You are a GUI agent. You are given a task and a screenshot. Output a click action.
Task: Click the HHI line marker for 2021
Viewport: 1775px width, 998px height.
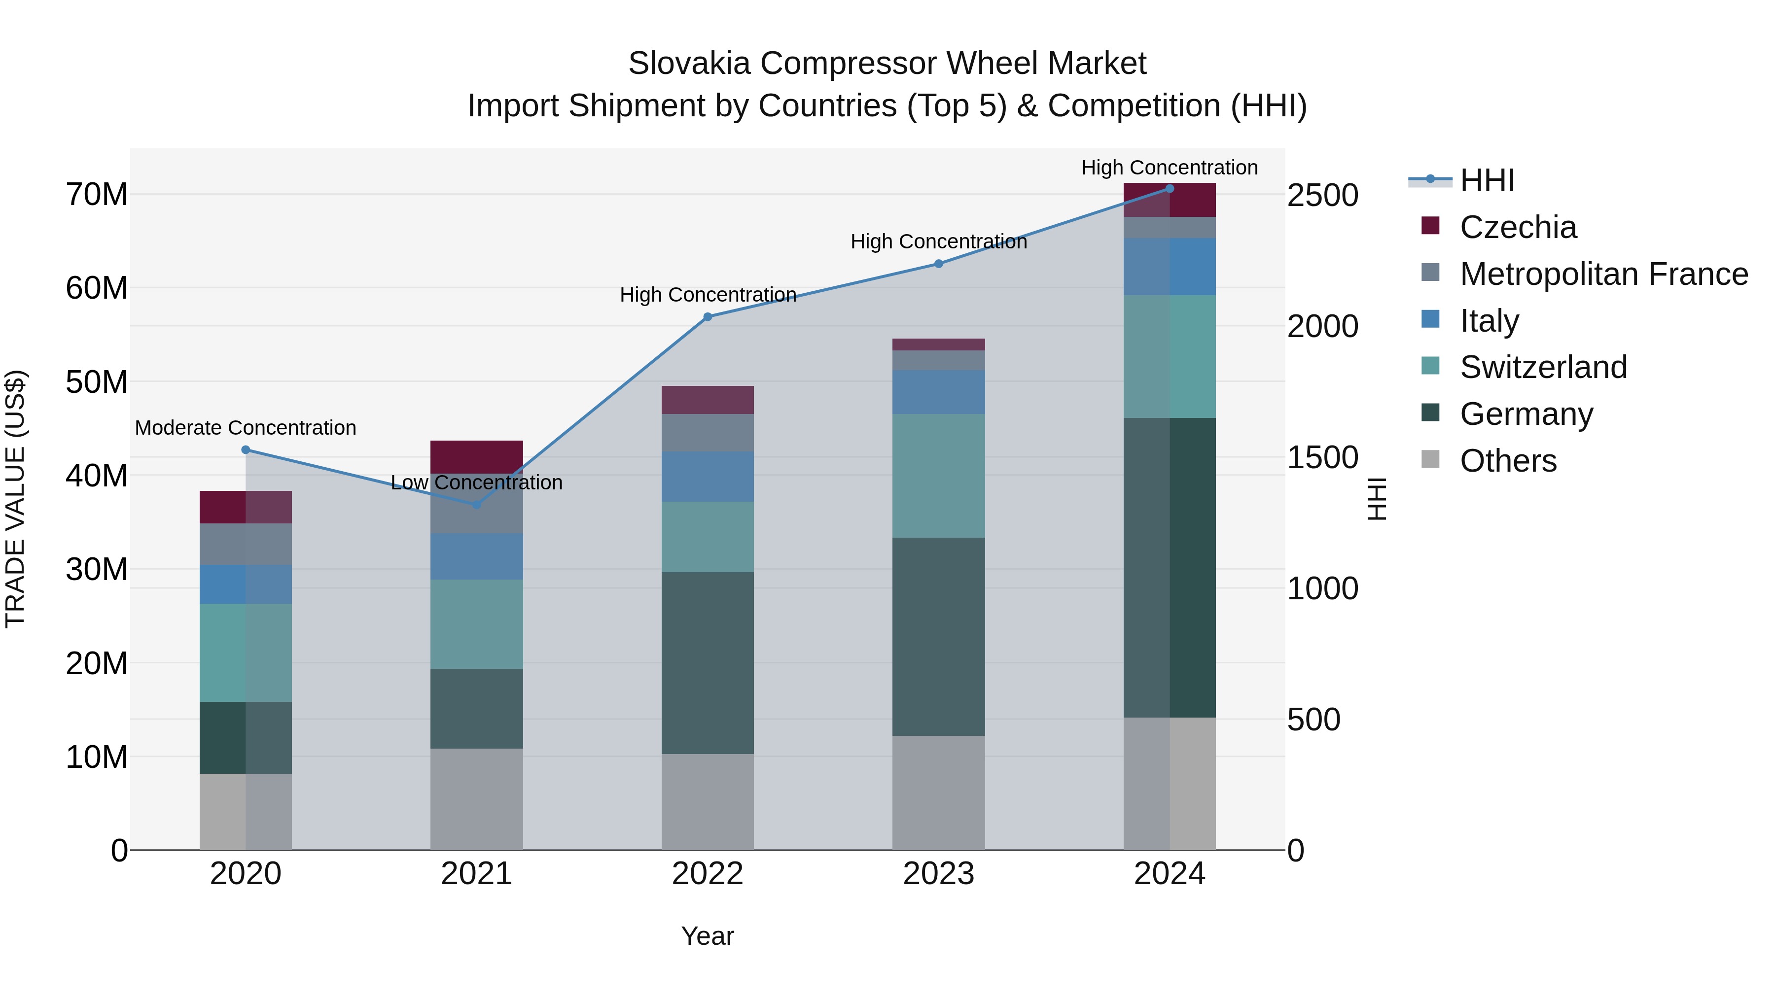476,505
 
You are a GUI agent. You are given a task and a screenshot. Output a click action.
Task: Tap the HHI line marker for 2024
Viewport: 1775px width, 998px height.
1170,189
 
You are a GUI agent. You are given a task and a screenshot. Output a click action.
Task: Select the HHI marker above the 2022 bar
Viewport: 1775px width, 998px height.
708,317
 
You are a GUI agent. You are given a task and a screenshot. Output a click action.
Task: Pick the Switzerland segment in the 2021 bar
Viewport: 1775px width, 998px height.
476,624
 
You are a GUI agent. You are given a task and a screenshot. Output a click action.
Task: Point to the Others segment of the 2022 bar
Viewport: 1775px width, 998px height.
708,802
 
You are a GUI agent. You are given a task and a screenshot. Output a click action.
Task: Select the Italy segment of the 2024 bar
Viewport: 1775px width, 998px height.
1170,267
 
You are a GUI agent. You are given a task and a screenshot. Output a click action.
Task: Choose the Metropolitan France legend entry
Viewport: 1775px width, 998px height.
1603,274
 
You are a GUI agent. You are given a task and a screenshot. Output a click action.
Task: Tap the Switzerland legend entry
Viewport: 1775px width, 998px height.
1543,367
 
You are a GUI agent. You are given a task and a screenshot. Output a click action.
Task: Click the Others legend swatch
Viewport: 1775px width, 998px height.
1430,459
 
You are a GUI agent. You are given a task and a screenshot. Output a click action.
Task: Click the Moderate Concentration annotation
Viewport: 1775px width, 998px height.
246,428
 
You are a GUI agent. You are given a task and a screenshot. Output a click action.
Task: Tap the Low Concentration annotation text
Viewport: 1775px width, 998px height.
476,483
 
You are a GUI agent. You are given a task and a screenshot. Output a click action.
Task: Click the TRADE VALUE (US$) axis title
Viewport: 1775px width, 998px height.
15,499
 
